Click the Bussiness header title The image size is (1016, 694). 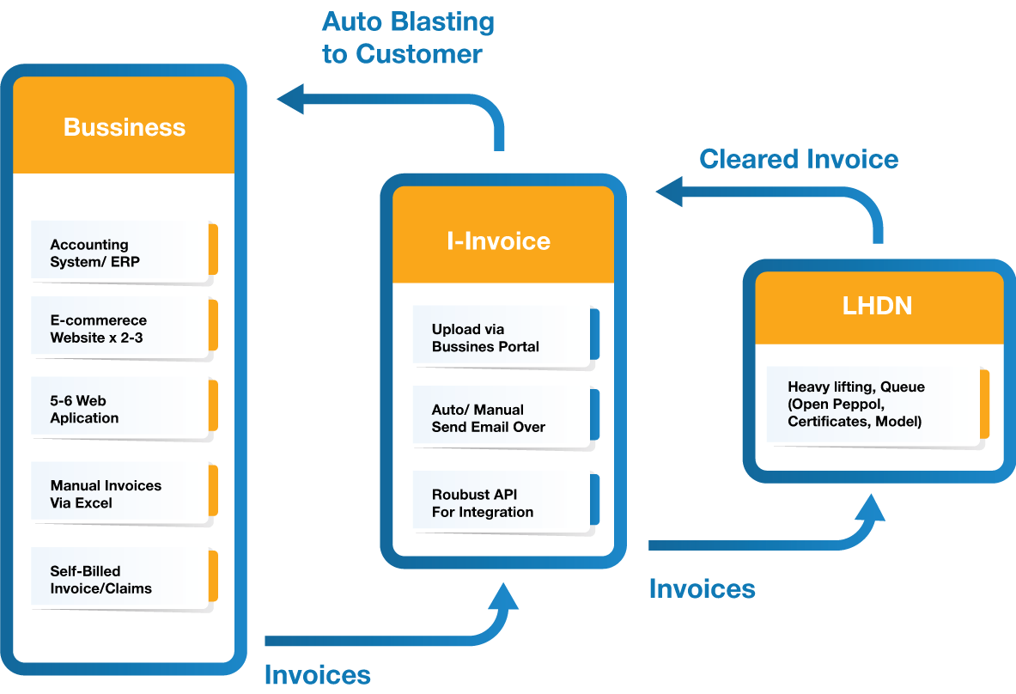(125, 127)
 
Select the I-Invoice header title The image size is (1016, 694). (498, 240)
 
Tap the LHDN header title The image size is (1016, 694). (877, 306)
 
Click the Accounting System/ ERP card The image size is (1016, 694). (118, 253)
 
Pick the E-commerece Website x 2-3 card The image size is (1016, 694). (118, 329)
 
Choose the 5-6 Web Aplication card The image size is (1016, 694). (118, 409)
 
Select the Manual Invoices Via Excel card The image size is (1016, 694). (118, 494)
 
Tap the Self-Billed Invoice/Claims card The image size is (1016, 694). (118, 580)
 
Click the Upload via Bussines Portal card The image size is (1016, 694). (499, 338)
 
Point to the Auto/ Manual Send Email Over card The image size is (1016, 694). (499, 418)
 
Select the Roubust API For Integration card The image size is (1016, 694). (499, 503)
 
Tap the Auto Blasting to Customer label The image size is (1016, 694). (407, 38)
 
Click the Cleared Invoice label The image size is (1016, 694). (799, 159)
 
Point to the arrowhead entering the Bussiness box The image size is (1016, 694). (290, 99)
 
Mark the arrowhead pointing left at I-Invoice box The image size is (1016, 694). (669, 192)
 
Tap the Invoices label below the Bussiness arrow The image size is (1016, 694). (317, 674)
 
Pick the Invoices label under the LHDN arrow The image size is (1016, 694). (702, 588)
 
